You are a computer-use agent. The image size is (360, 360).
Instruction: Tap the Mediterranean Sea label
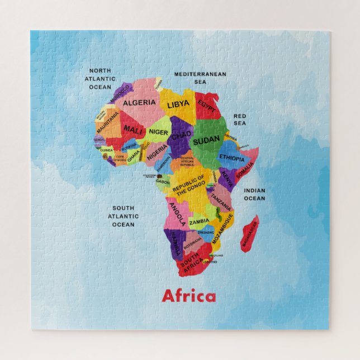click(x=200, y=78)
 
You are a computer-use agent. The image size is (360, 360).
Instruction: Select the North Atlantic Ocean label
click(x=100, y=79)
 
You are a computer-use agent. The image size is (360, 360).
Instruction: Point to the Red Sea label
click(x=240, y=120)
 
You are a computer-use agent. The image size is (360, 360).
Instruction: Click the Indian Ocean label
click(x=254, y=194)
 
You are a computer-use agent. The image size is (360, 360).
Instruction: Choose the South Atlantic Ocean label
click(x=124, y=216)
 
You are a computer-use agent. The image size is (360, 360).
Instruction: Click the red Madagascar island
click(x=249, y=233)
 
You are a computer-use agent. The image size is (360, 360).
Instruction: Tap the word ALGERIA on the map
click(x=139, y=103)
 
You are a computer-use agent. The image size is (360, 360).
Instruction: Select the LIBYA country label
click(x=178, y=105)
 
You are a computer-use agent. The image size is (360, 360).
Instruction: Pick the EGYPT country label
click(x=206, y=106)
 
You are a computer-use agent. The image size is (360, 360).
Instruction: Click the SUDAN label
click(x=206, y=141)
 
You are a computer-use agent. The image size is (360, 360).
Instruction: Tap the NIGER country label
click(x=158, y=132)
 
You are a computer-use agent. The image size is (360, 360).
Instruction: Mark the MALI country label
click(x=133, y=130)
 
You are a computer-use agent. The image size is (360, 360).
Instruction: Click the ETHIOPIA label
click(x=231, y=158)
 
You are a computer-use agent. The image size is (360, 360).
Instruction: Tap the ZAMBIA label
click(x=200, y=221)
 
